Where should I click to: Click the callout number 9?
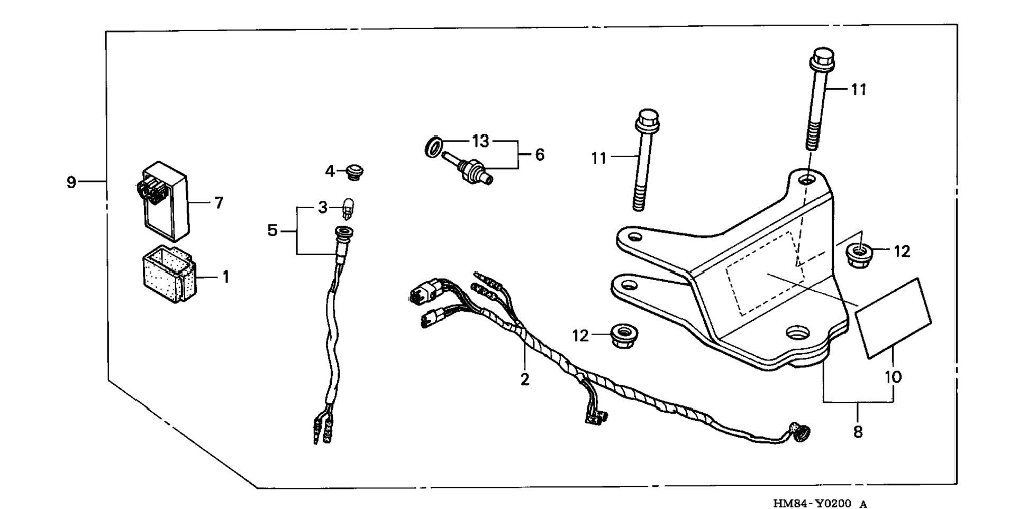(x=71, y=183)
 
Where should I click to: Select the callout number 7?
(x=219, y=203)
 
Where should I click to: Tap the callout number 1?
(x=226, y=276)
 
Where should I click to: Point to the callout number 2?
(x=524, y=380)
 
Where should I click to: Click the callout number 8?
(x=858, y=432)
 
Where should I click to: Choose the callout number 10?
(x=894, y=377)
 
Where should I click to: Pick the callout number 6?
(x=539, y=155)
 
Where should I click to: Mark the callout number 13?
(x=480, y=142)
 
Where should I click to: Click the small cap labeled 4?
(x=354, y=172)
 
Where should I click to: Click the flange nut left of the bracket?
(x=624, y=336)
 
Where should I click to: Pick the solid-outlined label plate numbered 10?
(x=894, y=318)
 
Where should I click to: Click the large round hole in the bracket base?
(x=798, y=333)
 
